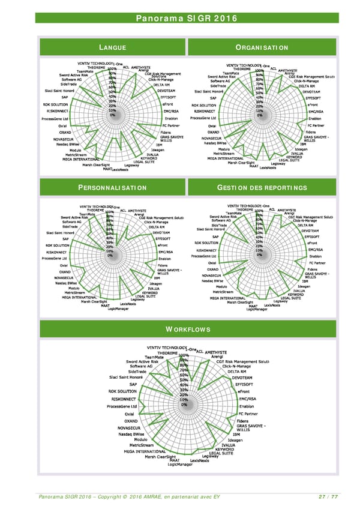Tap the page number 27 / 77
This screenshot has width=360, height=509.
tap(327, 497)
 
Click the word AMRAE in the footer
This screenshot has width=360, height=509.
tap(164, 497)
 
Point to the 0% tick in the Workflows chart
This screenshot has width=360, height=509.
tap(184, 404)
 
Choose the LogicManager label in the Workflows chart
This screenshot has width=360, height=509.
tap(180, 464)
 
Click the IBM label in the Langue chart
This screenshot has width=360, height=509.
tap(159, 145)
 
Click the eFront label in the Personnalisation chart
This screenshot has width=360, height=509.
tap(163, 245)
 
